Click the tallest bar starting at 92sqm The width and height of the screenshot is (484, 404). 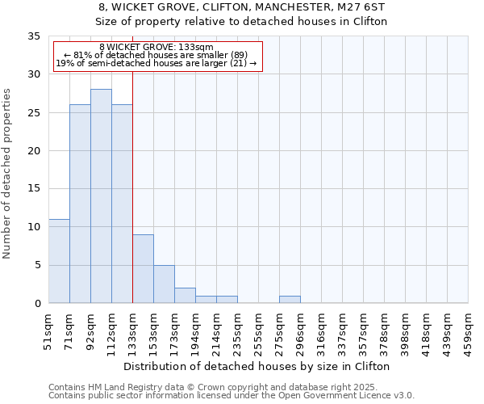[x=101, y=196]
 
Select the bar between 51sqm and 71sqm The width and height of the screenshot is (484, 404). [x=59, y=261]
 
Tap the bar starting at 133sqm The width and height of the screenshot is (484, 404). [x=143, y=269]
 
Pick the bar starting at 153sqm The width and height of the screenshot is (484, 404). [x=164, y=284]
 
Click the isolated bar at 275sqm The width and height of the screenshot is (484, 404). [x=290, y=300]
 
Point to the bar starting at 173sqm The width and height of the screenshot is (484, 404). [x=185, y=296]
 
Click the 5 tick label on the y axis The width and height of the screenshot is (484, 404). [x=36, y=265]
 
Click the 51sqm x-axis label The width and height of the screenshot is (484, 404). [x=48, y=330]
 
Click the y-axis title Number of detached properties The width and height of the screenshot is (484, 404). [x=8, y=174]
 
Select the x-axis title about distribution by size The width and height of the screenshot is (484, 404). [x=257, y=366]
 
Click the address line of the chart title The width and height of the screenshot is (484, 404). [x=242, y=6]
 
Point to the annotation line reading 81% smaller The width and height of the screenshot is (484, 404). [x=158, y=55]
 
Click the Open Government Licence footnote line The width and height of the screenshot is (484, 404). [x=231, y=396]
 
